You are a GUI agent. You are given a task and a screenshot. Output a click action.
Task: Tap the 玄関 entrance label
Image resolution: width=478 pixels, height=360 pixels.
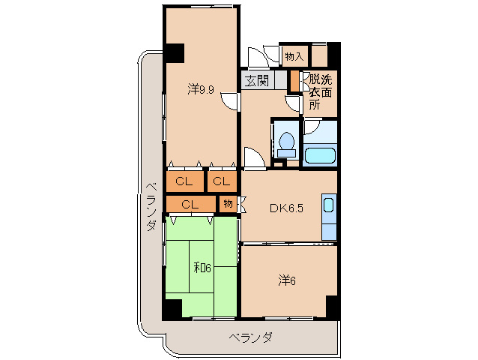[256, 80]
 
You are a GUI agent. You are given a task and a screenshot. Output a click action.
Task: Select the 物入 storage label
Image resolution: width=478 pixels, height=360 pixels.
[294, 55]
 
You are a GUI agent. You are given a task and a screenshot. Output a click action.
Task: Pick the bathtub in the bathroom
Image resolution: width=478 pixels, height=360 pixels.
[320, 156]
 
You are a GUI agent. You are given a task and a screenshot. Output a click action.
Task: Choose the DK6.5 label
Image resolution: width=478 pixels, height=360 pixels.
[286, 208]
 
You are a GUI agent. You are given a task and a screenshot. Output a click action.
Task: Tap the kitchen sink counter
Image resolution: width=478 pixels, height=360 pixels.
[330, 208]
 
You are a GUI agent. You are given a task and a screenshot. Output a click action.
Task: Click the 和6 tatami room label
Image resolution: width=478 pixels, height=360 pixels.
[200, 267]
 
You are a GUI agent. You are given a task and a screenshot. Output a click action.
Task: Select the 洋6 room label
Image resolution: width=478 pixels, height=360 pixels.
[287, 280]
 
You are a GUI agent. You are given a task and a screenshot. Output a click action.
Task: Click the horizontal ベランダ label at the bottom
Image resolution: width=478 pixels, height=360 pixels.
[250, 337]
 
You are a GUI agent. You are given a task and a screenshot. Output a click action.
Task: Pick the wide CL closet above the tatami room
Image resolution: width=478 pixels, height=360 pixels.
[190, 203]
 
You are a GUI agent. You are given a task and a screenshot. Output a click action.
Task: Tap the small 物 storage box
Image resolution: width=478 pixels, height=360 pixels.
[228, 202]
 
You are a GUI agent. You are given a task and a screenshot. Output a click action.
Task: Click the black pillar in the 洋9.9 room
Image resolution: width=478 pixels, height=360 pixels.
[175, 54]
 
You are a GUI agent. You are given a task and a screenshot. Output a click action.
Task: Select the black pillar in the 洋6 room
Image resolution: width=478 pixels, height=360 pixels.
[332, 307]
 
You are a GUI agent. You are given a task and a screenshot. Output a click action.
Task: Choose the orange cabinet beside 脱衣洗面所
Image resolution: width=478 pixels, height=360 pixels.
[294, 81]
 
